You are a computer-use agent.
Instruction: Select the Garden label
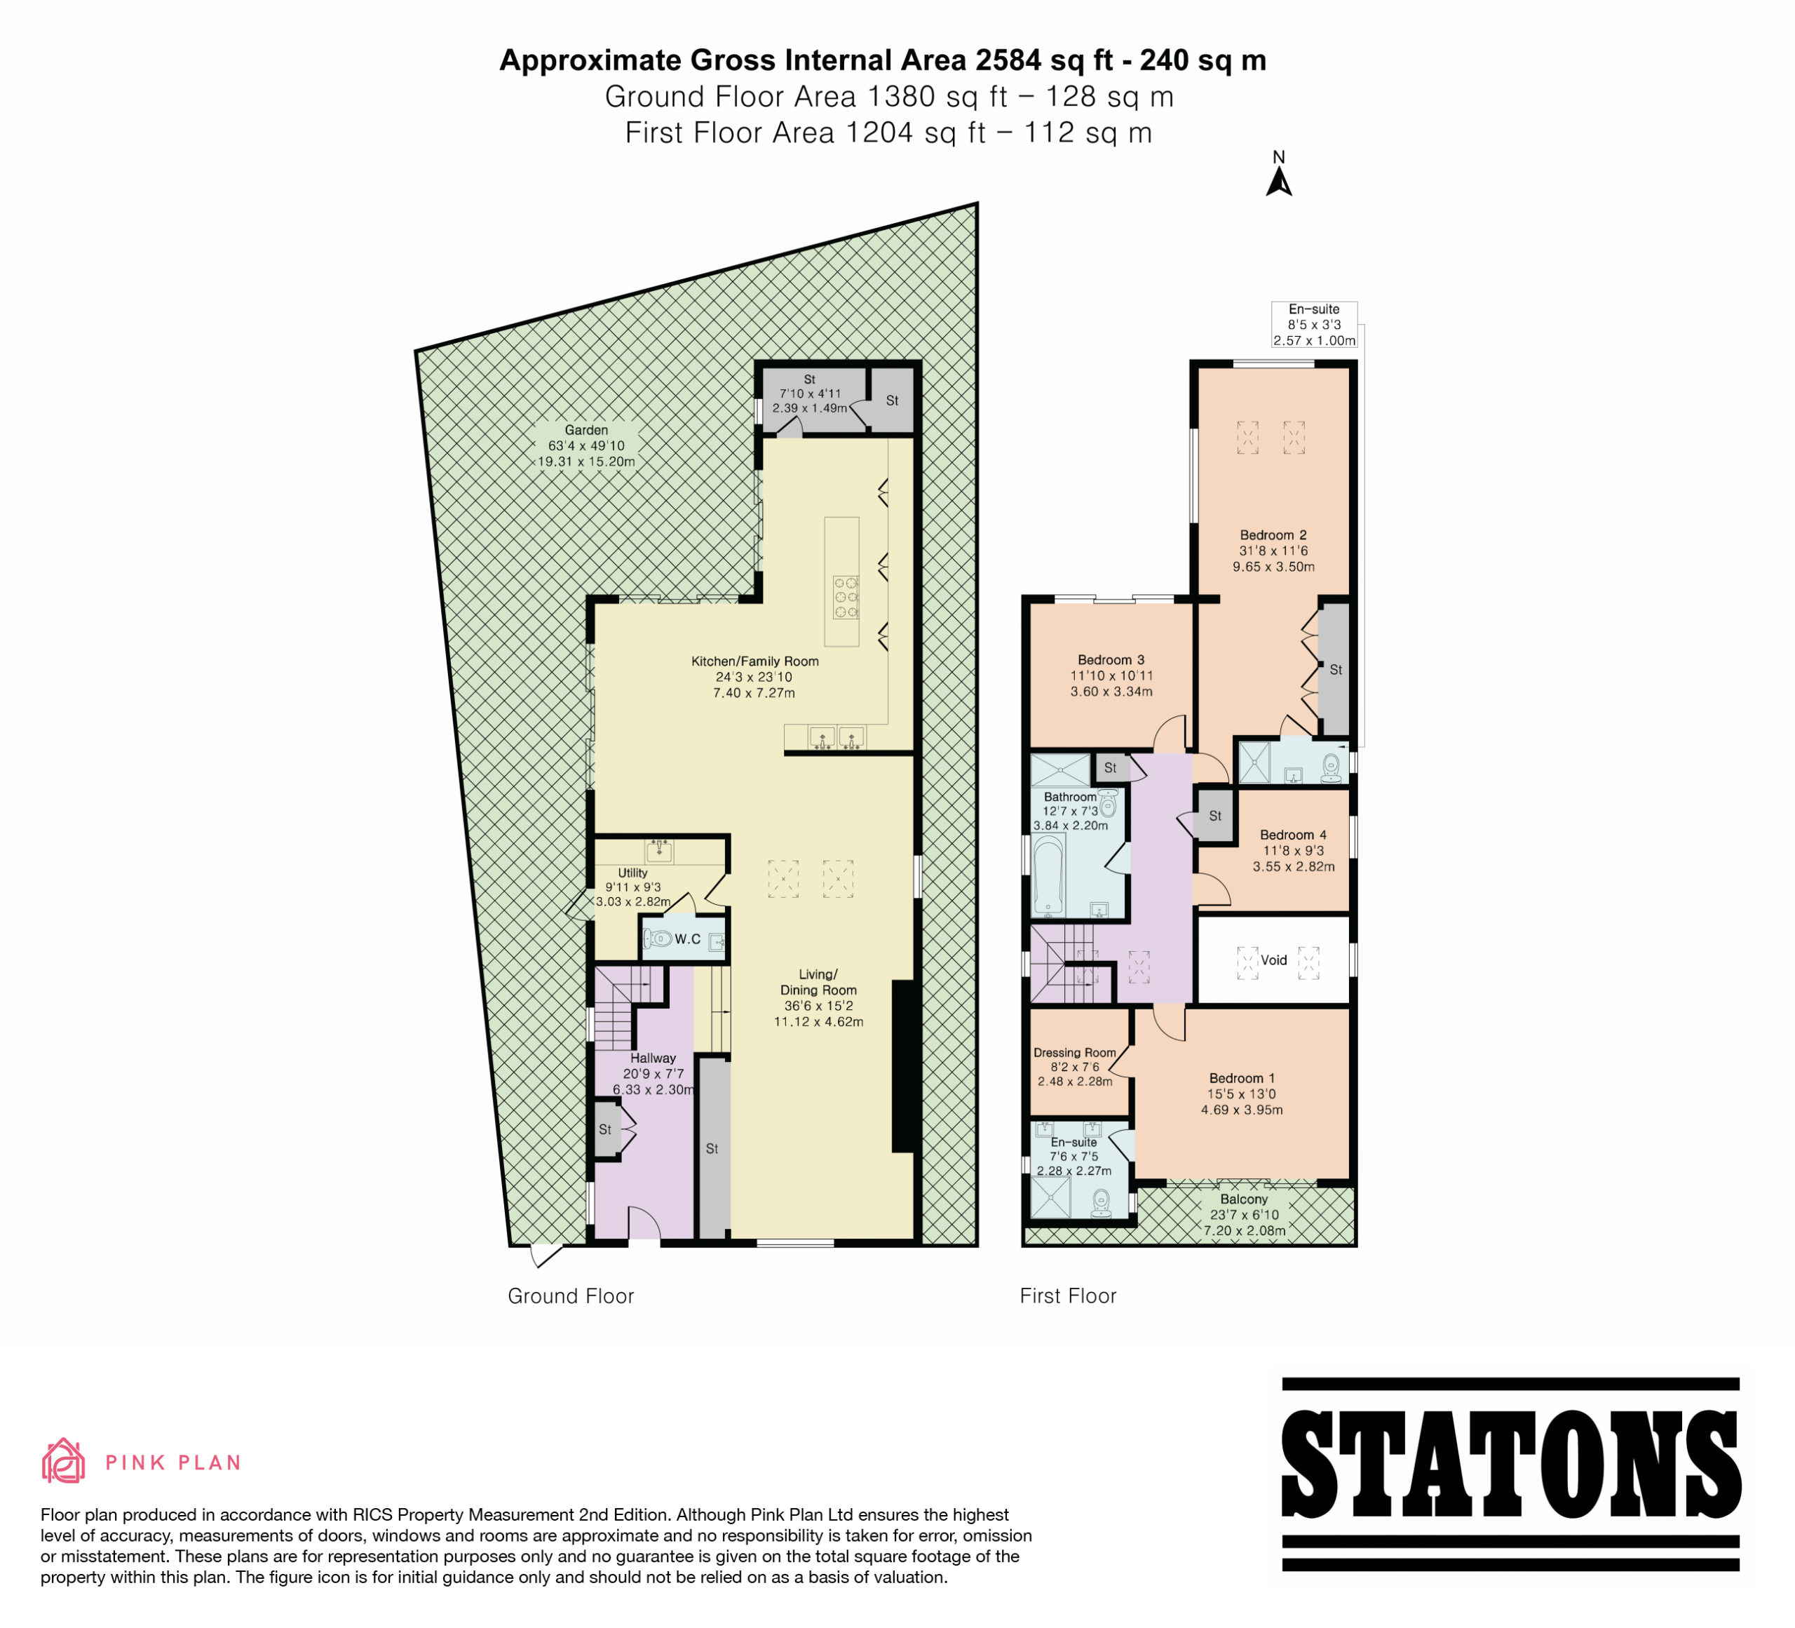click(586, 430)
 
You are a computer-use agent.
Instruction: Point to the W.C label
click(687, 939)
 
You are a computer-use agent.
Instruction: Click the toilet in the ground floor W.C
click(658, 938)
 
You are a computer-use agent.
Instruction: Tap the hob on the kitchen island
click(846, 597)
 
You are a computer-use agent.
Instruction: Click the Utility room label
click(632, 873)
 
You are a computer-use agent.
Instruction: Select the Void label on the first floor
click(1273, 960)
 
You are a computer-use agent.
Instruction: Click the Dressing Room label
click(1075, 1053)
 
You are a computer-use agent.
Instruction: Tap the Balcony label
click(1244, 1199)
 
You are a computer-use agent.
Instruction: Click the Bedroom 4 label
click(1293, 835)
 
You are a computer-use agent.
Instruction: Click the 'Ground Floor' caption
click(571, 1296)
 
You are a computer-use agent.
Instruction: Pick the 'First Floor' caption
click(1068, 1296)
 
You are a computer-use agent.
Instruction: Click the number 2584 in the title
click(1008, 60)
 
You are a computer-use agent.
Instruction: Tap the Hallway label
click(653, 1058)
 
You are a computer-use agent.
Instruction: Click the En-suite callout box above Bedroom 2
click(1314, 324)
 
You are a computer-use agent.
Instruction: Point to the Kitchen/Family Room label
click(755, 661)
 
